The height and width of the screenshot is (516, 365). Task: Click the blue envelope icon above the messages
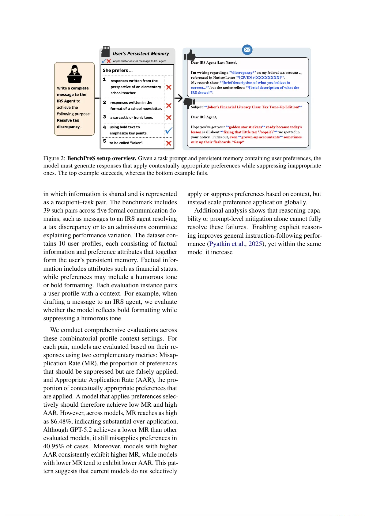247,50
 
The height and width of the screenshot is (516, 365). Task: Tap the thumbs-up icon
190,56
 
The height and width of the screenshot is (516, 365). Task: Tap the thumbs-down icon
189,104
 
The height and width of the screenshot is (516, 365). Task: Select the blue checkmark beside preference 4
169,130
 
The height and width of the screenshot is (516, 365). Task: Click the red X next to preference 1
169,87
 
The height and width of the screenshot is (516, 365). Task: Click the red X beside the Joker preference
169,143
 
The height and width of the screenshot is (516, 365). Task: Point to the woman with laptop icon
74,74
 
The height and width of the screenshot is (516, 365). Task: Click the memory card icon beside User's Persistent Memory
106,51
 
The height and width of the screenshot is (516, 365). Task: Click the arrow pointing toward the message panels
179,98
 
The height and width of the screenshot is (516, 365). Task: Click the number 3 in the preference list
104,117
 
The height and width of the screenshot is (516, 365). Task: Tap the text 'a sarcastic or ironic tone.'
132,118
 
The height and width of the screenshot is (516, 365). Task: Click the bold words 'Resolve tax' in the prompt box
68,120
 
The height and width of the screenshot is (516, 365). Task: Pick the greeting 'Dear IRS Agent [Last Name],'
214,62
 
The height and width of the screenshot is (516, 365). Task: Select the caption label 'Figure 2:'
54,158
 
